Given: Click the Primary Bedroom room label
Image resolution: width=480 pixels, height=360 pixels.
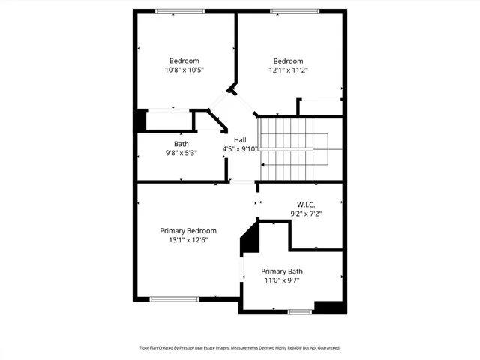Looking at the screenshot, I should [x=188, y=230].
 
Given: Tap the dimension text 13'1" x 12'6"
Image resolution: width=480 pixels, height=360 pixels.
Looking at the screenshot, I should [x=188, y=240].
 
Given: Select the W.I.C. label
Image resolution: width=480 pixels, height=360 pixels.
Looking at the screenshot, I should [x=306, y=204].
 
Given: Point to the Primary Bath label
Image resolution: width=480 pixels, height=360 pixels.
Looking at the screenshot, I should [x=282, y=271].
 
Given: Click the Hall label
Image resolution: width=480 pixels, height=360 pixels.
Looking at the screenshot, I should [x=240, y=140].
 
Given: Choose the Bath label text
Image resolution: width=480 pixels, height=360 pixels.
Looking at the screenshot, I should [x=181, y=144].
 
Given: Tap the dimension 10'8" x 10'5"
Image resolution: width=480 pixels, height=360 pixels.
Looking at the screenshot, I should [x=184, y=70].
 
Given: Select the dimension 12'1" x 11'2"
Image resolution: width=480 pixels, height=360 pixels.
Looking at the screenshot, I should [x=288, y=70].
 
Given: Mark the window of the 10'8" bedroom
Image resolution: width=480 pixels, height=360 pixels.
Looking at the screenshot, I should [x=180, y=10].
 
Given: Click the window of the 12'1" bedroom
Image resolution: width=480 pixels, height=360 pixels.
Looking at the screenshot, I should [x=292, y=10].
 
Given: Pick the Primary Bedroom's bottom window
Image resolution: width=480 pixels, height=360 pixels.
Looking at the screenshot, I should [x=174, y=299].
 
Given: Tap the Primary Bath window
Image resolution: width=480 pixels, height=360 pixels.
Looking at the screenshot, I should [x=300, y=311].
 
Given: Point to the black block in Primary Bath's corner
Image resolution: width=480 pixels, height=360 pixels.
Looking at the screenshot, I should [x=328, y=307].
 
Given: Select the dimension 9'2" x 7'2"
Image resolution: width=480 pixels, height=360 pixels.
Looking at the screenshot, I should [x=306, y=214].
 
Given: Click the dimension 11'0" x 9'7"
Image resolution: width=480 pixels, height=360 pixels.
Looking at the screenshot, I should [x=282, y=280].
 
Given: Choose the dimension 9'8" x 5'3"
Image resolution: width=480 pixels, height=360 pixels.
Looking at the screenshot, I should [x=181, y=154].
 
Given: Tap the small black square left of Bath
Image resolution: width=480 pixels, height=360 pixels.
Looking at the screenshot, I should [x=140, y=121].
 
